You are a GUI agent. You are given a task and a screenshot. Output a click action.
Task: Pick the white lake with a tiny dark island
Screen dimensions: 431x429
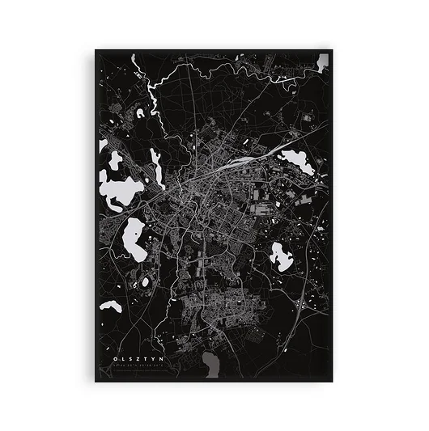134,240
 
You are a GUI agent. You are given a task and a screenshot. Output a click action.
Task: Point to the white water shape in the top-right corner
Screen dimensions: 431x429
324,60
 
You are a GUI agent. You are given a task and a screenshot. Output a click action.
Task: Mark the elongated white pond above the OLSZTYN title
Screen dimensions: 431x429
111,306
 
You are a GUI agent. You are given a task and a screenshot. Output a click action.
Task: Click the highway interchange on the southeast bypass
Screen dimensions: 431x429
301,306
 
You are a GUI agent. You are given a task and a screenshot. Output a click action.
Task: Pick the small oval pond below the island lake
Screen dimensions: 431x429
146,282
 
